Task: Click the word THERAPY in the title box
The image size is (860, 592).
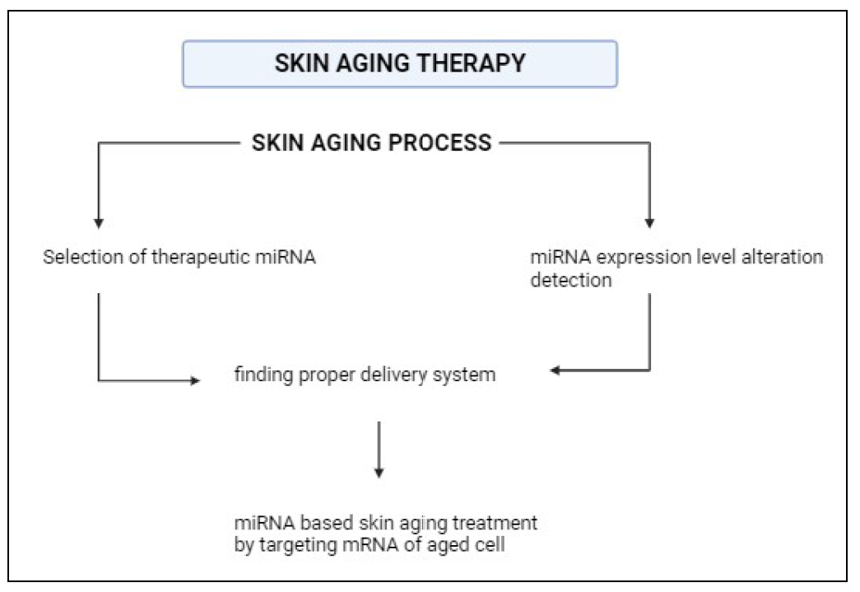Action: coord(471,63)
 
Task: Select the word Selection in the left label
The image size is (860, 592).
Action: coord(83,257)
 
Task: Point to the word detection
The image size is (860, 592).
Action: coord(571,280)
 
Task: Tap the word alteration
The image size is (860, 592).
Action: coord(782,257)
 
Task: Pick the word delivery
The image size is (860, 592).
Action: coord(394,375)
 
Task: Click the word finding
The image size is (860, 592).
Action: coord(263,375)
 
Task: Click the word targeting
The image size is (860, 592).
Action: coord(298,546)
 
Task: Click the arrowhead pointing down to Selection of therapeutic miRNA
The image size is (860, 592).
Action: coord(99,223)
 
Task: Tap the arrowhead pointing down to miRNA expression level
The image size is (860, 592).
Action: coord(649,223)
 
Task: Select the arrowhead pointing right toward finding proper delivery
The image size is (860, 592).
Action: coord(195,380)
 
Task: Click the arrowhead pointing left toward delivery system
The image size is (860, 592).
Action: coord(555,371)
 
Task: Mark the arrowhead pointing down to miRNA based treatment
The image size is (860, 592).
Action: coord(379,473)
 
